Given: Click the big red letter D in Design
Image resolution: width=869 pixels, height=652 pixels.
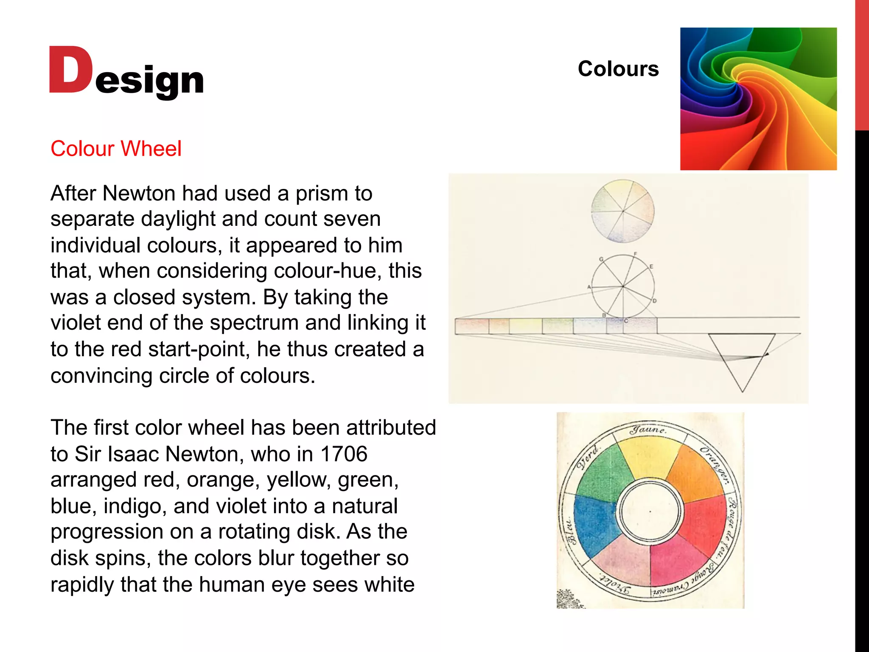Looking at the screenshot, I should click(70, 70).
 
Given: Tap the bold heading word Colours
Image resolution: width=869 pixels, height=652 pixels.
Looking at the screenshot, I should click(618, 69).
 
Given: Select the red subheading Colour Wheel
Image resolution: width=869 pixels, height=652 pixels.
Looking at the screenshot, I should click(116, 149).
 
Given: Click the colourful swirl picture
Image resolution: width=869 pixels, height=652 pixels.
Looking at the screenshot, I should click(758, 99).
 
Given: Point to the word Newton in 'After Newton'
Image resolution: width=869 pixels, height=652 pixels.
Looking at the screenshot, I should click(138, 194).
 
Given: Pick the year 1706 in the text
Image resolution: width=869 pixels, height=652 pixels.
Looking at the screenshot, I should click(344, 454).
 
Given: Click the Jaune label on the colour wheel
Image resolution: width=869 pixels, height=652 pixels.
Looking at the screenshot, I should click(648, 430).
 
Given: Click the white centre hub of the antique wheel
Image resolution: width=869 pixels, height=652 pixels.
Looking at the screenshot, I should click(650, 511).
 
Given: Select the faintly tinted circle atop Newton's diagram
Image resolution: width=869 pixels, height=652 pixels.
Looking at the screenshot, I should click(622, 211).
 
